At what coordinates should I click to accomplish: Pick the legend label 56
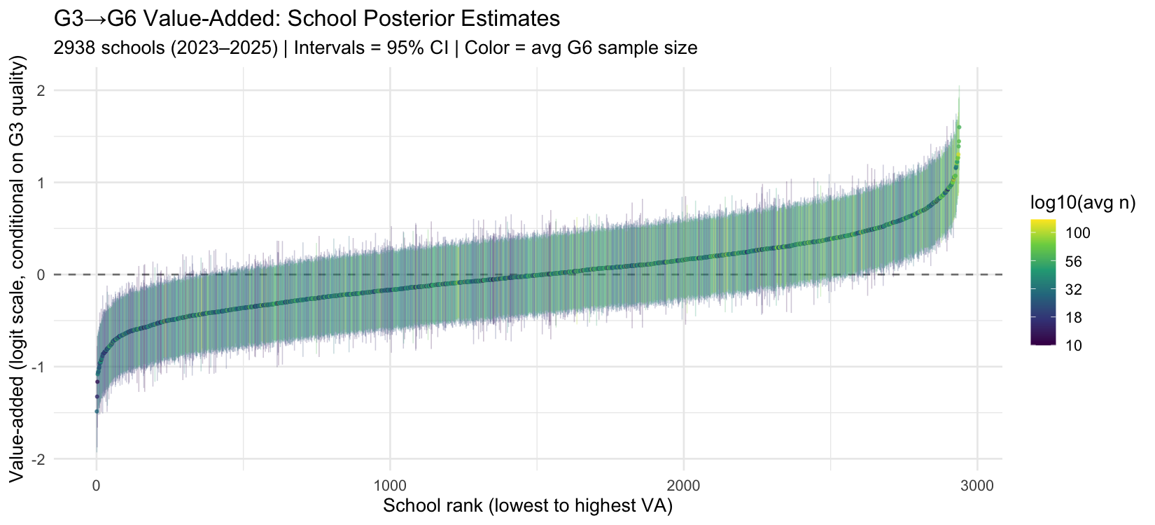point(1073,261)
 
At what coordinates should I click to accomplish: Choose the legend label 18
point(1073,317)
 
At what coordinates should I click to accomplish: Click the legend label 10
point(1073,345)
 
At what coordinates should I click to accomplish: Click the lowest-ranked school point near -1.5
point(97,412)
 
